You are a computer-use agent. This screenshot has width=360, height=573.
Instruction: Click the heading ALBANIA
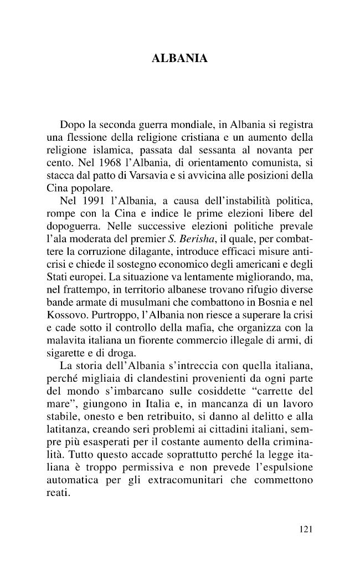click(x=179, y=58)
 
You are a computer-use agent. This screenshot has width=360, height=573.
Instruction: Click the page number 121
click(x=306, y=529)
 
